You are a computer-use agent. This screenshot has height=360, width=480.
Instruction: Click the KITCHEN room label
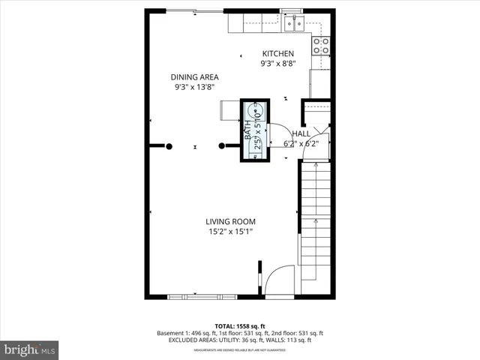point(277,54)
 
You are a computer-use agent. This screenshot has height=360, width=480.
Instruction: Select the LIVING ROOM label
point(231,221)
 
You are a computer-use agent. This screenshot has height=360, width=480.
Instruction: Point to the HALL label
point(301,133)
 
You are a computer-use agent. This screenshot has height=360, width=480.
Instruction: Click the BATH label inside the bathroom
point(248,132)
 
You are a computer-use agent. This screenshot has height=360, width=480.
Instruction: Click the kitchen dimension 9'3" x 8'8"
point(277,64)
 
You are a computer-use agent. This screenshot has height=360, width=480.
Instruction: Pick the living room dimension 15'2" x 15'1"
point(231,232)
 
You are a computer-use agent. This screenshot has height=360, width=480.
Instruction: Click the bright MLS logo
point(30,349)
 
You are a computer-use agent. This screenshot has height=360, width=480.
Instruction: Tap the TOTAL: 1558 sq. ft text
point(240,325)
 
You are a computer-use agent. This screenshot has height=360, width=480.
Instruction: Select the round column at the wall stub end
point(221,146)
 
